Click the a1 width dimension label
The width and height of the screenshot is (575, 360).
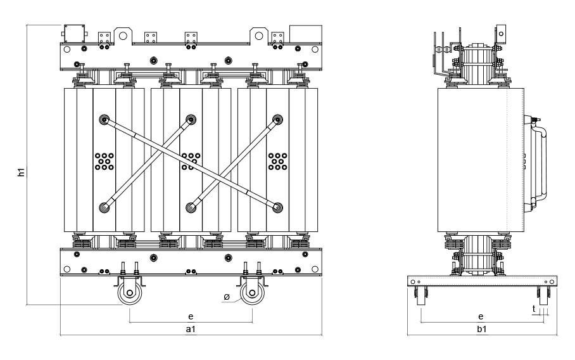coord(190,330)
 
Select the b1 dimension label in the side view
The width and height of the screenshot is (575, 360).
coord(482,330)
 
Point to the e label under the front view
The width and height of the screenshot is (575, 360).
coord(190,314)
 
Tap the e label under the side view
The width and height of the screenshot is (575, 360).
coord(481,315)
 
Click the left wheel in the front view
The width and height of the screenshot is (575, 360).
coord(129,293)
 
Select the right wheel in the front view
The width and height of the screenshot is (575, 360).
coord(252,293)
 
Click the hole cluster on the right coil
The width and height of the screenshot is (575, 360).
coord(277,161)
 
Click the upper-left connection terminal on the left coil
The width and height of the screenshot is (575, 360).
coord(104,119)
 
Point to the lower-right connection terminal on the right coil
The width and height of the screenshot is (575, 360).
coord(277,206)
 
